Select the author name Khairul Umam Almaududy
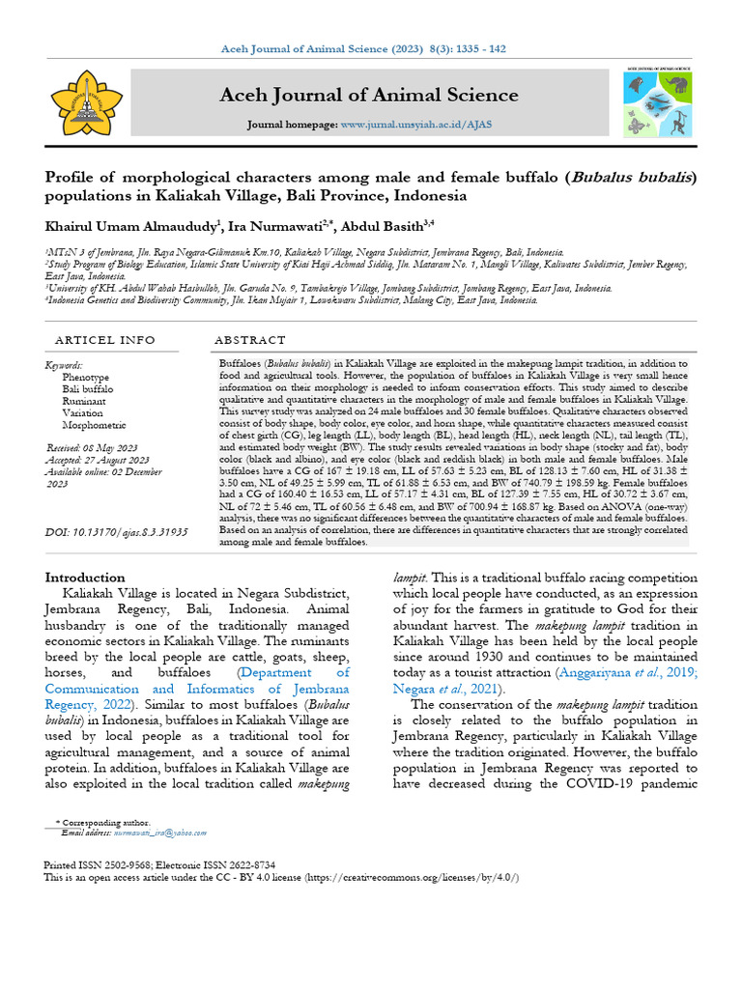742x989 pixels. pyautogui.click(x=132, y=225)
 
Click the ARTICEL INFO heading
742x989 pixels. pyautogui.click(x=104, y=341)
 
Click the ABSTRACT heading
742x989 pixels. pyautogui.click(x=249, y=341)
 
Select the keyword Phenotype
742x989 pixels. pyautogui.click(x=86, y=378)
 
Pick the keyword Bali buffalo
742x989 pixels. pyautogui.click(x=88, y=389)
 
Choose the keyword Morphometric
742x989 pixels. pyautogui.click(x=95, y=424)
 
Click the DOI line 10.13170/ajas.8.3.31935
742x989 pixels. pyautogui.click(x=116, y=532)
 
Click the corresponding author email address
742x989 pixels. pyautogui.click(x=159, y=832)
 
